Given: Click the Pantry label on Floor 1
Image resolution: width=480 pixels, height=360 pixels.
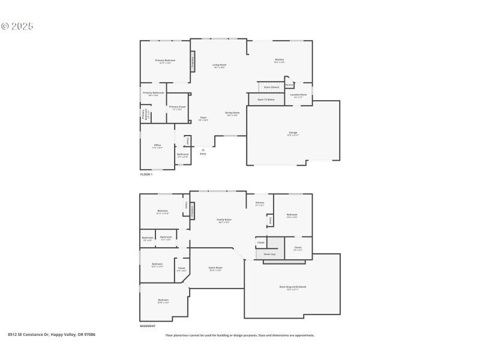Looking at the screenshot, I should pyautogui.click(x=289, y=85).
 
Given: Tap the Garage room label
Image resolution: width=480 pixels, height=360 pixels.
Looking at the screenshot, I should pyautogui.click(x=293, y=133).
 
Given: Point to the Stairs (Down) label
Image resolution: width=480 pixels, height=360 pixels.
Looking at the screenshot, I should pyautogui.click(x=271, y=87).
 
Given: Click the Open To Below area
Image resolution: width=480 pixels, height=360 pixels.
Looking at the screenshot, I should pyautogui.click(x=266, y=100).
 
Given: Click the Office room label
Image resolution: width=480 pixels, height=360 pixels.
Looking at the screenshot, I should pyautogui.click(x=157, y=145).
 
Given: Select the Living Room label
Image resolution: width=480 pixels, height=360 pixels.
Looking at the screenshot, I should pyautogui.click(x=219, y=65).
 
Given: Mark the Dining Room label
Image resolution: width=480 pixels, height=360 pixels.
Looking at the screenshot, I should pyautogui.click(x=232, y=113).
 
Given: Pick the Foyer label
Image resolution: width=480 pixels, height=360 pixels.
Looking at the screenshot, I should pyautogui.click(x=203, y=118).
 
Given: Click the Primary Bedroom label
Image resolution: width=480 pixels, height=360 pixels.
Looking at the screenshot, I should pyautogui.click(x=165, y=61).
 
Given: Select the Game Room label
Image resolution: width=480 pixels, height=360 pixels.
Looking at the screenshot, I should pyautogui.click(x=215, y=268).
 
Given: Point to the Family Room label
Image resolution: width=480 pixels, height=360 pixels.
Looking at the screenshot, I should pyautogui.click(x=224, y=220).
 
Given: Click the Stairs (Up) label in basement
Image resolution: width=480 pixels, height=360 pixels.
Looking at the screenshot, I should pyautogui.click(x=270, y=254).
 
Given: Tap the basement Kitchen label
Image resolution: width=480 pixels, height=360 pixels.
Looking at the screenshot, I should pyautogui.click(x=260, y=203).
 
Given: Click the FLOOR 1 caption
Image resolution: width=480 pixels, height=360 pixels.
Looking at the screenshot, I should pyautogui.click(x=146, y=174).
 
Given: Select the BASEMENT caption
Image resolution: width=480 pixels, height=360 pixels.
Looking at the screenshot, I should pyautogui.click(x=148, y=326).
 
